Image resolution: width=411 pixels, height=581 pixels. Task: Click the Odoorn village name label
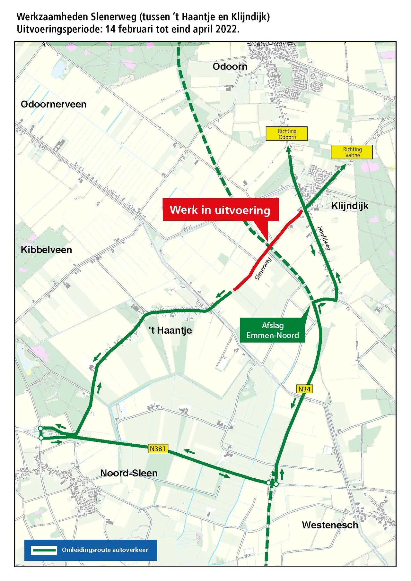(230, 66)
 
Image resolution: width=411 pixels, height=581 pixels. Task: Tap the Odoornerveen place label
(54, 104)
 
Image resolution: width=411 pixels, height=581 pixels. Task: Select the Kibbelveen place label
(46, 250)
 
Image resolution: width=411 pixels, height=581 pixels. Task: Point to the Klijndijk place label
(350, 206)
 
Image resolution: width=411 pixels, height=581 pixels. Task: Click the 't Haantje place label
(170, 330)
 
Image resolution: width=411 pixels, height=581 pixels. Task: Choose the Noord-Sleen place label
(129, 473)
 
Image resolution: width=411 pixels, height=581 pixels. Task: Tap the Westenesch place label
(330, 525)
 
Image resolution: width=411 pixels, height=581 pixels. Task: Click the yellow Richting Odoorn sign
(287, 134)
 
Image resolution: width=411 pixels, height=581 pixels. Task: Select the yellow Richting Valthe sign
(352, 152)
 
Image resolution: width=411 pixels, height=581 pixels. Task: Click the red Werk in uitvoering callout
(220, 210)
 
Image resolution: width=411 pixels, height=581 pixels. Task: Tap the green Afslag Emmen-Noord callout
(272, 330)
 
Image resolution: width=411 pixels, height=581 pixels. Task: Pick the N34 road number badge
(304, 389)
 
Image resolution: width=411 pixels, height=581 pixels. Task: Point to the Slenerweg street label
(263, 269)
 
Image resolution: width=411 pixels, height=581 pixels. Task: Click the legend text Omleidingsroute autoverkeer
(105, 550)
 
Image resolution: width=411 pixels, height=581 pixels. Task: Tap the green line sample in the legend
(44, 550)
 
